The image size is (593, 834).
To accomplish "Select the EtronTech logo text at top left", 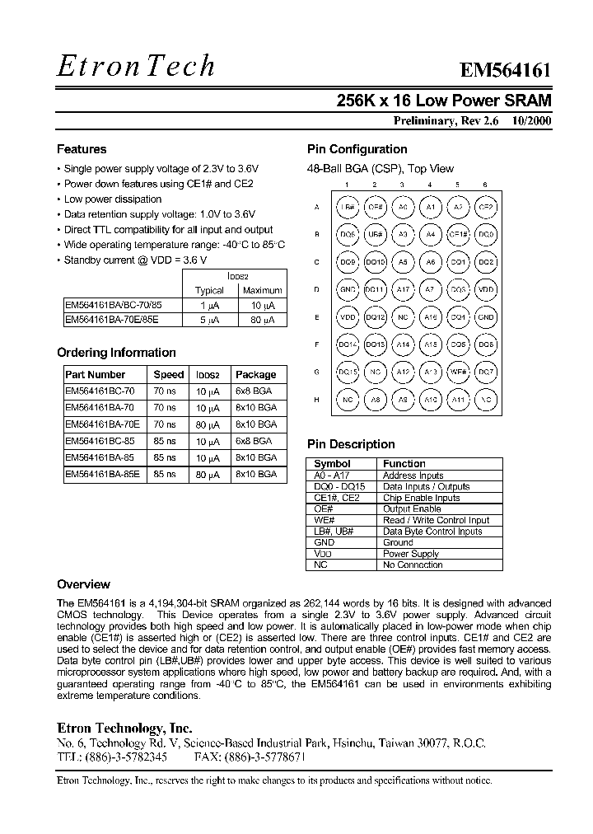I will pos(136,67).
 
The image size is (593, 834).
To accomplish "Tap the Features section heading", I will pos(82,149).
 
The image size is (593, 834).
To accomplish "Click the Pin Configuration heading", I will pos(357,149).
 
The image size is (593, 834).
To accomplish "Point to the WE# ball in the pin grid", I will pos(458,372).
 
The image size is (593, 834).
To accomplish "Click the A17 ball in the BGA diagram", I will pos(402,289).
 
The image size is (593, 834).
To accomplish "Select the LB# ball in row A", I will pos(348,207).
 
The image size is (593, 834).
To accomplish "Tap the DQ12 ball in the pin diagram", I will pos(375,317).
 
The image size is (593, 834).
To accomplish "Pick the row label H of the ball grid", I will pos(316,401).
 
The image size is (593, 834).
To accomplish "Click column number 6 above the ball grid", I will pos(485,185).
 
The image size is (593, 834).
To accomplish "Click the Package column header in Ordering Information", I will pos(256,374).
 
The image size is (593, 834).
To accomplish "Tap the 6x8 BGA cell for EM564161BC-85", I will pos(254,441).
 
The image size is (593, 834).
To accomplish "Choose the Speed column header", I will pos(169,374).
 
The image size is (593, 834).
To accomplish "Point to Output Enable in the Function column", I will pos(412,509).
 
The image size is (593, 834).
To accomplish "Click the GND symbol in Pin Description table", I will pos(324,543).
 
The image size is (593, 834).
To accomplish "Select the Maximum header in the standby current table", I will pos(263,290).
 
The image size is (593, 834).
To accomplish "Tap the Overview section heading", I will pos(83,584).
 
